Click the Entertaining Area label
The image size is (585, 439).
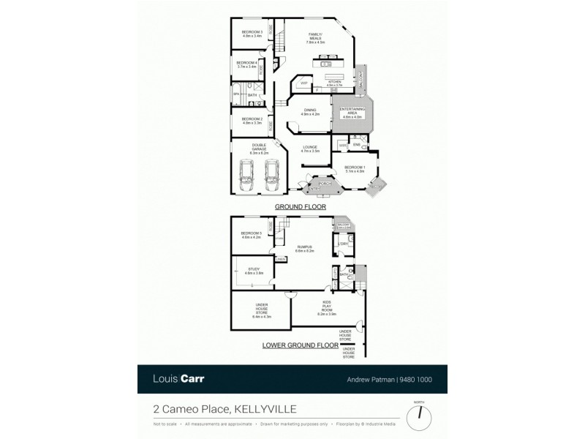(352, 111)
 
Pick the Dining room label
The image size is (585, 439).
(311, 113)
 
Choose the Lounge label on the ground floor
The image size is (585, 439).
(312, 149)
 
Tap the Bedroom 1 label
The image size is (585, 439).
(354, 169)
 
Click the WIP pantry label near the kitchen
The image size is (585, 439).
(303, 84)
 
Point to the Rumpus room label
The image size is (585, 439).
(305, 249)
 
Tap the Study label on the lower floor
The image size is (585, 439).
(254, 271)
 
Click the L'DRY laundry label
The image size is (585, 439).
(343, 244)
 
